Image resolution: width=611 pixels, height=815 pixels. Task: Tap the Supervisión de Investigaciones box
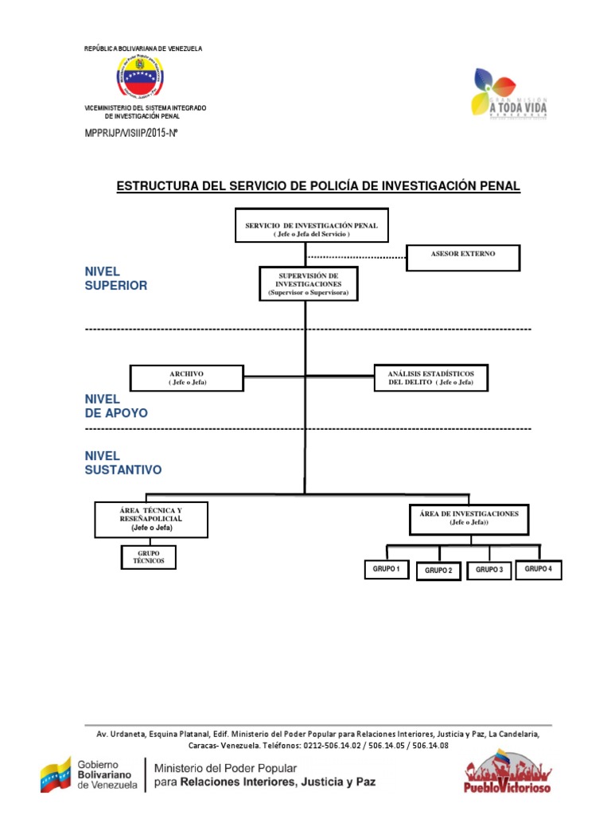pos(308,284)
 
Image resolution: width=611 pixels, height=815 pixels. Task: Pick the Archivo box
pos(187,378)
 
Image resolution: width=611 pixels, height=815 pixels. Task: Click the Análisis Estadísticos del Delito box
pos(431,377)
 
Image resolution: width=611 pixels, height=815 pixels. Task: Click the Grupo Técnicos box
pos(148,558)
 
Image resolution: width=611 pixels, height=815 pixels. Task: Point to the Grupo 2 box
pos(438,571)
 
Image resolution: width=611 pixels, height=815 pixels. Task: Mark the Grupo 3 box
pos(489,570)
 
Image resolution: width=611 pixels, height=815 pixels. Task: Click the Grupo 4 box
pos(539,569)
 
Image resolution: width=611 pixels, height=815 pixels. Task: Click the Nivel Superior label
pos(115,279)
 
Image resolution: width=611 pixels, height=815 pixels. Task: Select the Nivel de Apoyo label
pos(115,406)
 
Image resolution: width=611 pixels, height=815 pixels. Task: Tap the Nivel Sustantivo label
pos(123,462)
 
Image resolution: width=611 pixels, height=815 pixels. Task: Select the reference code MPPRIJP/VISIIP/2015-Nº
pos(130,133)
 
